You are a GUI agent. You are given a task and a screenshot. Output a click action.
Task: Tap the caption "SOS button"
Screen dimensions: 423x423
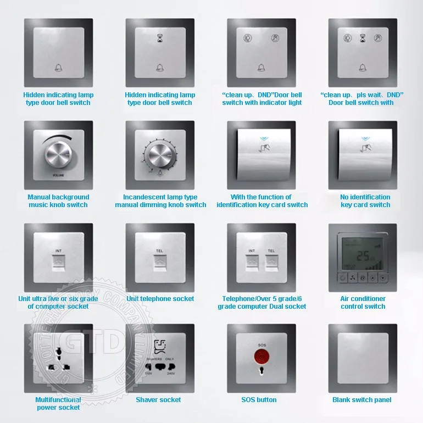tap(259, 400)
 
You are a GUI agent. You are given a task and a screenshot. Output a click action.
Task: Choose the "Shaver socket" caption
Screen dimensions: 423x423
tap(158, 400)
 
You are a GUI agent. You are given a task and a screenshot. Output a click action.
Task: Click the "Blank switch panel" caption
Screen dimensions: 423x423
tap(362, 400)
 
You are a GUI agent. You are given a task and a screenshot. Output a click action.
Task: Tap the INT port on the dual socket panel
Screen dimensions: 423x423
tap(252, 263)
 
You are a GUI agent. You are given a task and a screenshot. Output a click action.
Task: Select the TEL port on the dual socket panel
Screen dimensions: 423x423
tap(271, 263)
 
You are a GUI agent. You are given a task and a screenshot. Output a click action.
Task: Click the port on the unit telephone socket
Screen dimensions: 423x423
tap(160, 263)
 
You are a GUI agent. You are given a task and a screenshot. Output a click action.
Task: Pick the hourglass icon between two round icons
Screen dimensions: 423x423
tap(363, 38)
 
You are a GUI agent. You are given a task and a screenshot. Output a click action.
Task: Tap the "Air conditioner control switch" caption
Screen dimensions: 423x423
tap(363, 303)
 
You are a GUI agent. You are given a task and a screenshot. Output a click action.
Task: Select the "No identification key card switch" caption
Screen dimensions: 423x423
tap(365, 201)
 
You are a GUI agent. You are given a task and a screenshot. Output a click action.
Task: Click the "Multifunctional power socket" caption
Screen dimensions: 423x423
tap(58, 404)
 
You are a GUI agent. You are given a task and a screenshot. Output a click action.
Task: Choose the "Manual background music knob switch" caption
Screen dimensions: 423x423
tap(58, 201)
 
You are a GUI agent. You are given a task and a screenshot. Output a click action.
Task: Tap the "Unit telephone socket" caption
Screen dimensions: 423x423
tap(160, 299)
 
